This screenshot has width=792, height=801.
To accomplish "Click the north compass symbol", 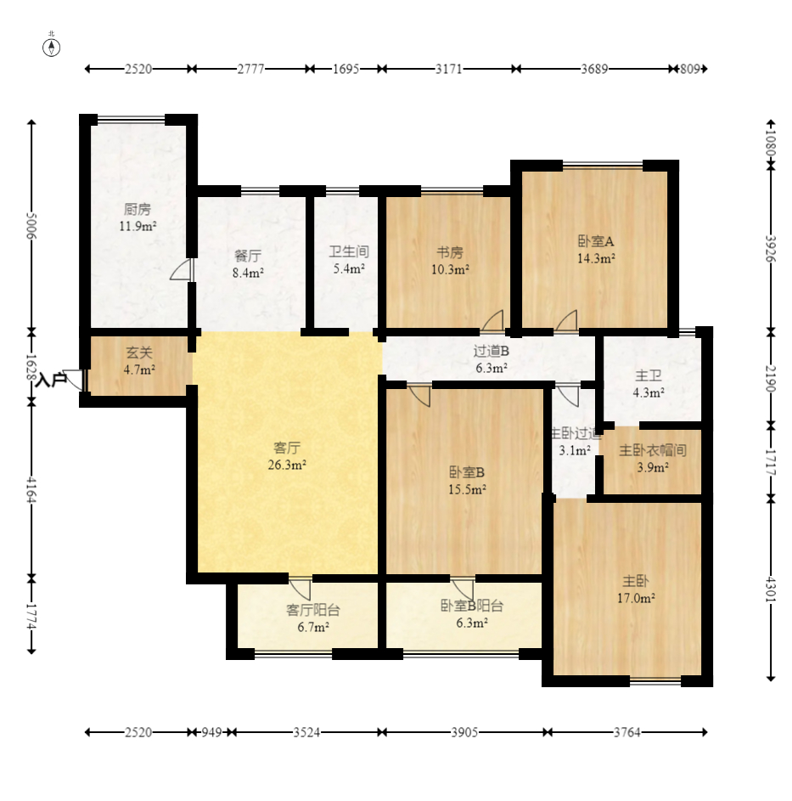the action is (51, 48).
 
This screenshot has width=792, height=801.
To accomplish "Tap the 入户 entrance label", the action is (52, 380).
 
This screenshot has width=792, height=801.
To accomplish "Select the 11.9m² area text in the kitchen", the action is (138, 226).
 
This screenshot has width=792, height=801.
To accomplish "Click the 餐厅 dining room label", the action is (248, 256).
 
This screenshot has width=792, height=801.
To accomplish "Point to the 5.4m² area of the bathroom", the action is (349, 268).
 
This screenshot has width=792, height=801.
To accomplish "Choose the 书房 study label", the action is (450, 252).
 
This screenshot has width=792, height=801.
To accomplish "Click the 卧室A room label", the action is (596, 241).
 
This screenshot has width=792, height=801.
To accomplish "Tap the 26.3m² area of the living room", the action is (287, 465).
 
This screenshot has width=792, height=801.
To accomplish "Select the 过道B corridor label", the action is (491, 352).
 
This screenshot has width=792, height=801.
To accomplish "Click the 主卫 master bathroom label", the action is (649, 376).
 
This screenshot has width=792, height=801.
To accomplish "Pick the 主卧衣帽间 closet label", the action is (653, 450).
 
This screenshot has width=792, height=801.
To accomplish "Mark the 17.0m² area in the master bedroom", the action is (636, 598).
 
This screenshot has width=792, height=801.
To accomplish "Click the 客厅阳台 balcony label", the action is (313, 610).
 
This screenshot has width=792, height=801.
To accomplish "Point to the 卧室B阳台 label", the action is (472, 606).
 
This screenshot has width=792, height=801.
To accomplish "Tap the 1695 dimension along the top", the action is (346, 69).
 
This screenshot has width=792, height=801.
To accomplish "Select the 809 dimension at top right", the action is (690, 69).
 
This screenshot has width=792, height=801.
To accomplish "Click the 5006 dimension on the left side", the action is (31, 226).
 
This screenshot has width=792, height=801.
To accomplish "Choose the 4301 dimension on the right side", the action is (771, 589).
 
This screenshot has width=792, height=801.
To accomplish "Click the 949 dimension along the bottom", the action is (211, 732).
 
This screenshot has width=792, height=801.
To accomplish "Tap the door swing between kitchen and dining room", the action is (181, 269).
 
